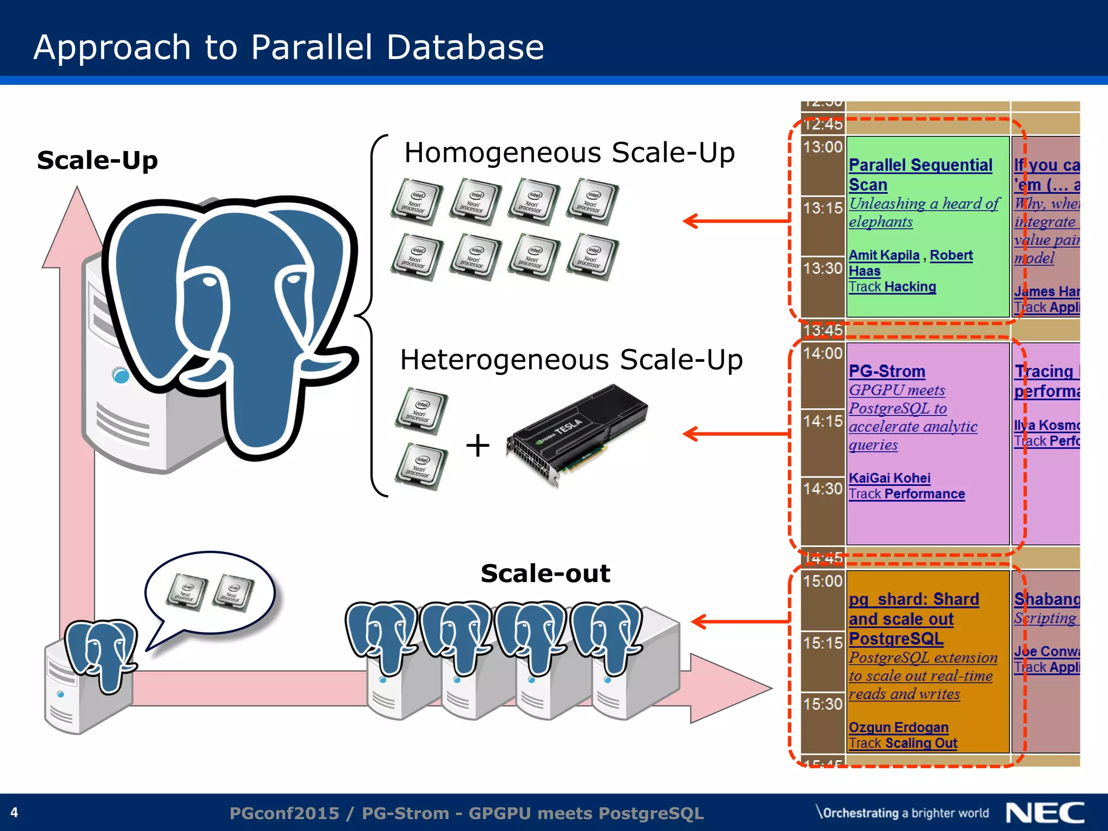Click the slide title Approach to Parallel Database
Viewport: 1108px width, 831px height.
pos(288,47)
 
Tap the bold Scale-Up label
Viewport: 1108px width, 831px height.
pos(97,161)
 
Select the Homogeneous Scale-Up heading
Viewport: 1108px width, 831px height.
pos(569,153)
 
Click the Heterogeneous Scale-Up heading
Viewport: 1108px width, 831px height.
pos(571,360)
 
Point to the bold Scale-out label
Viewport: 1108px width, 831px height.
pos(545,573)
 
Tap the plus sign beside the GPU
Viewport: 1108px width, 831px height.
pos(477,446)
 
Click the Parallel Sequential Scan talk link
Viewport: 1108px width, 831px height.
pos(920,174)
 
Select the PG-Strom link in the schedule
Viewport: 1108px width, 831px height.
pos(887,372)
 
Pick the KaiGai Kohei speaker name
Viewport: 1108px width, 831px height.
pos(889,478)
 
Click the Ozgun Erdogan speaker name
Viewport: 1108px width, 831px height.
pos(898,727)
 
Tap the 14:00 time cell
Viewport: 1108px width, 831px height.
pos(822,354)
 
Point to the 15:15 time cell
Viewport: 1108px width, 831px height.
pos(822,643)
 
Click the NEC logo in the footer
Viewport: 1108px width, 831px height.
pos(1045,813)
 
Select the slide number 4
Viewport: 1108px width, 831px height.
pos(15,813)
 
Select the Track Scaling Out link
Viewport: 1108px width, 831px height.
pos(902,743)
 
